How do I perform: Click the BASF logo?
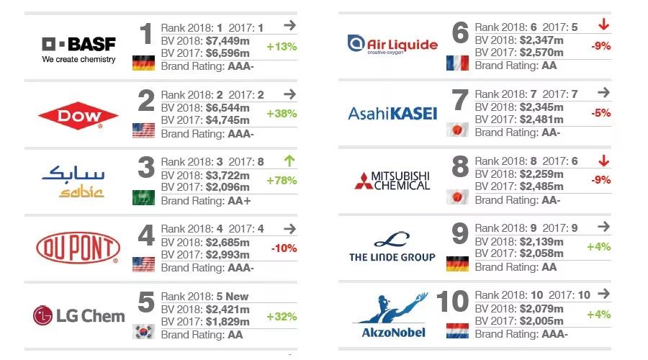coord(78,49)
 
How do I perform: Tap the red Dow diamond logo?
coord(78,116)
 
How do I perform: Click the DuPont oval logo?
coord(78,249)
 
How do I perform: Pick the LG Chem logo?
coord(78,315)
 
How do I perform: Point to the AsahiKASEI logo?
coord(392,113)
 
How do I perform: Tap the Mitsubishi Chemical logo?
coord(392,180)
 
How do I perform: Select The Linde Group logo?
coord(392,247)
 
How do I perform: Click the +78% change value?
coord(282,180)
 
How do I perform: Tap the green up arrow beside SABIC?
coord(289,160)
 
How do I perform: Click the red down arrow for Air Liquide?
coord(603,25)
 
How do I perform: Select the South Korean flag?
coord(144,332)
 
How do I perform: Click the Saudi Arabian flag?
coord(144,198)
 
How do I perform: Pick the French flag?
coord(457,63)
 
